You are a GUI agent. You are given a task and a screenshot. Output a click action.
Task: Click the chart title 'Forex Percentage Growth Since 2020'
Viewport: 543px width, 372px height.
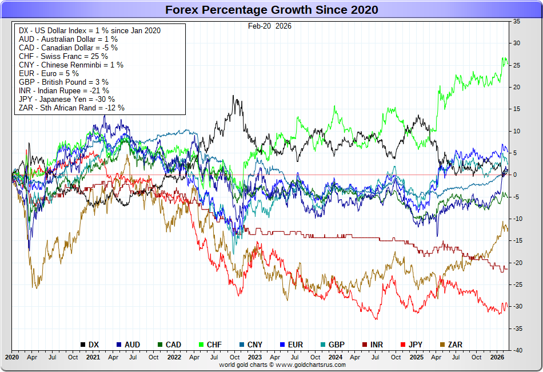[271, 10]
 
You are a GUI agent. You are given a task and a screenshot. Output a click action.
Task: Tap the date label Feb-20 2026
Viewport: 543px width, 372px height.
[269, 26]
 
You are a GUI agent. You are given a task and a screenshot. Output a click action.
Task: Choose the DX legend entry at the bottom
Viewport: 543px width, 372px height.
[90, 345]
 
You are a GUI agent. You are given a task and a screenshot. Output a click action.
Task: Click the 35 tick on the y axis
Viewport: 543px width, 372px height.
[516, 21]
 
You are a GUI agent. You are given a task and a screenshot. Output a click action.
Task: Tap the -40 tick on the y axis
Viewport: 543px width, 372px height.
[516, 350]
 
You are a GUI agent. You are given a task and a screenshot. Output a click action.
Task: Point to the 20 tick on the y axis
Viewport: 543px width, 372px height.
[516, 87]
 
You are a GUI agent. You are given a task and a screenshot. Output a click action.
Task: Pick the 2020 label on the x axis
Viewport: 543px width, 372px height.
[12, 357]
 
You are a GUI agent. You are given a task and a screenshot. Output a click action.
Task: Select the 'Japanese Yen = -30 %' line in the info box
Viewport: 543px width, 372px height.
[71, 99]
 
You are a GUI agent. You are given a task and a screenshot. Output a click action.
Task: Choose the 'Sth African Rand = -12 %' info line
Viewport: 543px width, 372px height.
[71, 108]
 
